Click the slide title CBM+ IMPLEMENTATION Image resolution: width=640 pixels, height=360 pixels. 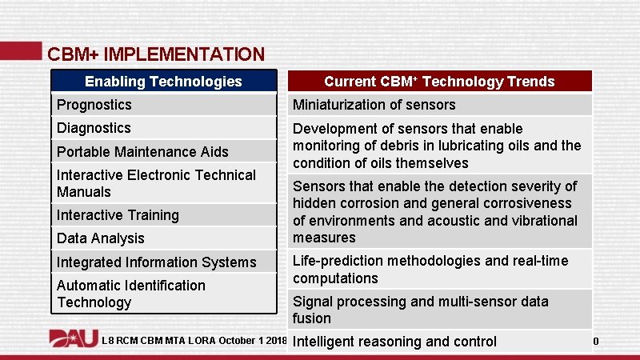coord(155,54)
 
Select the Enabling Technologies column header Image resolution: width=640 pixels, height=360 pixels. coord(163,81)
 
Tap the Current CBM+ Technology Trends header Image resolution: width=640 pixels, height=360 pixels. coord(439,81)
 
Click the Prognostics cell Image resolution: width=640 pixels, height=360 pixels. coord(163,105)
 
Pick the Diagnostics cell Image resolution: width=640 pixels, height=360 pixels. coord(163,128)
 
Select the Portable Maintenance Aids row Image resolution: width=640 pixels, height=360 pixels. coord(163,151)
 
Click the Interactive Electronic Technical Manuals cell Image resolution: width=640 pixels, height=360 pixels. coord(163,183)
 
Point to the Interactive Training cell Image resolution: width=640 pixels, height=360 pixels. coord(163,214)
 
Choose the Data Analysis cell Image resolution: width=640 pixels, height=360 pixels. coord(163,238)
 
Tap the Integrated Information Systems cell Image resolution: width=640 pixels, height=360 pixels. coord(163,262)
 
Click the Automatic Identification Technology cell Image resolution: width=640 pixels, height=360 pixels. coord(163,294)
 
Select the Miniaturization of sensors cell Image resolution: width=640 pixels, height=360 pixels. coord(439,105)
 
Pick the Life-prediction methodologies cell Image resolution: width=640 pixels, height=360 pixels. coord(439,270)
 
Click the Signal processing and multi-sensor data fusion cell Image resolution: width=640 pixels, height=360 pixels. coord(439,310)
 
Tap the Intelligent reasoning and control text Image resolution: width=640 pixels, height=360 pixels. coord(394,342)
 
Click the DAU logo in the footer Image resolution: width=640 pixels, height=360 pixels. coord(73,340)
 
